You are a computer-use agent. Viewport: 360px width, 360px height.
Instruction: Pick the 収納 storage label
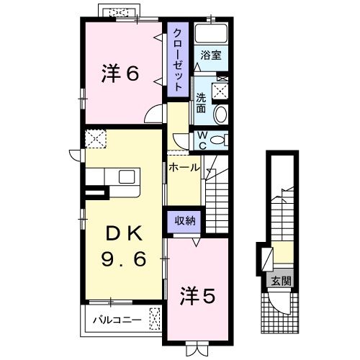pyautogui.click(x=184, y=221)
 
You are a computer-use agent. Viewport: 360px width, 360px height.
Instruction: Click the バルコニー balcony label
pyautogui.click(x=114, y=317)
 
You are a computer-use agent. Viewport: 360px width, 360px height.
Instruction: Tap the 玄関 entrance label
pyautogui.click(x=282, y=282)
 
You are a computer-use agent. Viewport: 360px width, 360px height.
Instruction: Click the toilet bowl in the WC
pyautogui.click(x=222, y=139)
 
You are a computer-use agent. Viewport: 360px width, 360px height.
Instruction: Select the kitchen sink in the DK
pyautogui.click(x=127, y=178)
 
